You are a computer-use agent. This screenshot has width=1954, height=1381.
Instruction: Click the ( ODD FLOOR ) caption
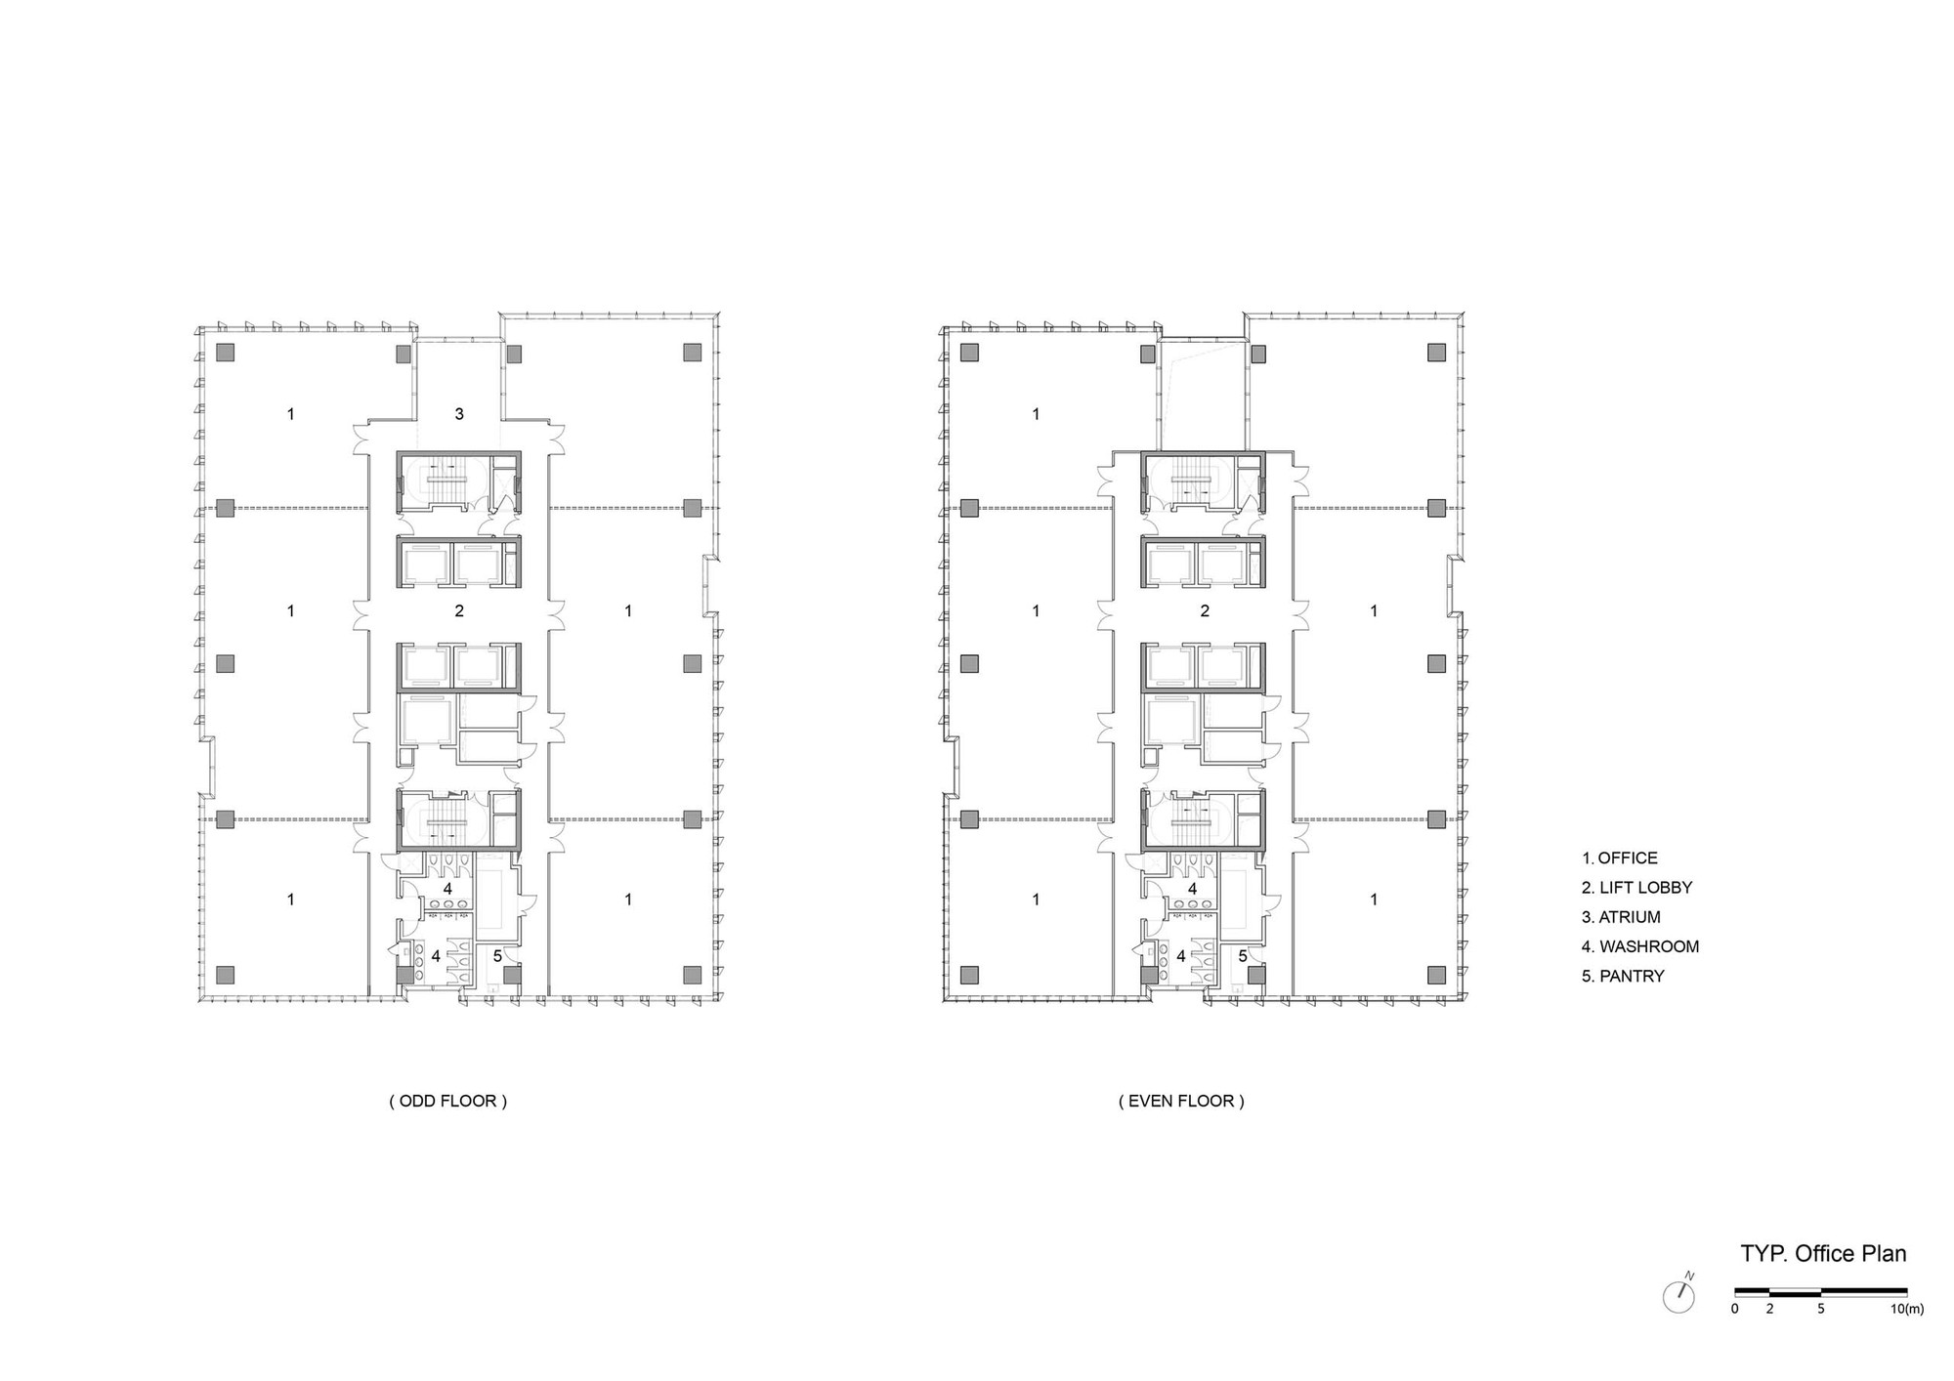pyautogui.click(x=448, y=1101)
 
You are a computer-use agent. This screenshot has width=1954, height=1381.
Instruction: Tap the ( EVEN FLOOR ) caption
pyautogui.click(x=1181, y=1101)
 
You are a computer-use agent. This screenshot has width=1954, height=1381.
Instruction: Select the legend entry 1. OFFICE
pyautogui.click(x=1620, y=858)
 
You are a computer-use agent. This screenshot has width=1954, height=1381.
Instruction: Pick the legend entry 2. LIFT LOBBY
pyautogui.click(x=1636, y=888)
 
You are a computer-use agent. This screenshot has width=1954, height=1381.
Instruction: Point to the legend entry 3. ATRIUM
pyautogui.click(x=1621, y=917)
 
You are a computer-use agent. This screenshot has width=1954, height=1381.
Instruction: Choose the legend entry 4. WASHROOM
pyautogui.click(x=1640, y=946)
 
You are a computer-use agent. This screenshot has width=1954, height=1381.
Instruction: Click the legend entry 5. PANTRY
pyautogui.click(x=1623, y=976)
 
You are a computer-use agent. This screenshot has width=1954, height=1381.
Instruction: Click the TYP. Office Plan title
pyautogui.click(x=1823, y=1253)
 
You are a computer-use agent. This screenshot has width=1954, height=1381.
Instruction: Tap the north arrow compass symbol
pyautogui.click(x=1679, y=1295)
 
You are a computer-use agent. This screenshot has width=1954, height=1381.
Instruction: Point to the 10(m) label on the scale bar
pyautogui.click(x=1906, y=1309)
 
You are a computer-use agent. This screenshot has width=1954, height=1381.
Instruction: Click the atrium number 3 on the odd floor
pyautogui.click(x=459, y=414)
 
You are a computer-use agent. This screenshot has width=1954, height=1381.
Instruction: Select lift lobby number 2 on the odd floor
pyautogui.click(x=459, y=611)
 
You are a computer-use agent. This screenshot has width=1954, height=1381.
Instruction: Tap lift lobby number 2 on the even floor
pyautogui.click(x=1205, y=611)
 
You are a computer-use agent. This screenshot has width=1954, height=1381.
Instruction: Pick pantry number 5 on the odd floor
pyautogui.click(x=497, y=956)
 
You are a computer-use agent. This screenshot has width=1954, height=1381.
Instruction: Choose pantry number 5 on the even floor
pyautogui.click(x=1243, y=956)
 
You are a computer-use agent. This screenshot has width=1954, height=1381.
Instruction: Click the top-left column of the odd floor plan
pyautogui.click(x=226, y=352)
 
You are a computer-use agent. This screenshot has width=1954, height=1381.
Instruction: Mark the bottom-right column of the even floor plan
pyautogui.click(x=1436, y=974)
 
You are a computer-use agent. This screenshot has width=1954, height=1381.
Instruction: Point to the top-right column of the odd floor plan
pyautogui.click(x=693, y=352)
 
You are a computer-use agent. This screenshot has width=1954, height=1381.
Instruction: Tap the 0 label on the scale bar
pyautogui.click(x=1735, y=1309)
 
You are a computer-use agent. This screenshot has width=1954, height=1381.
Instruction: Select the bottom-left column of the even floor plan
pyautogui.click(x=969, y=974)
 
